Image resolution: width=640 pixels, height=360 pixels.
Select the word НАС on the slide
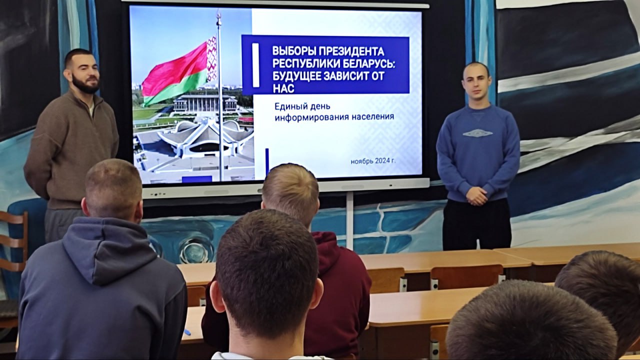283,88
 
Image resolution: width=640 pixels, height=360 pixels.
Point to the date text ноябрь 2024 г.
373,161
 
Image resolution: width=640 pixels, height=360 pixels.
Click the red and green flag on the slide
179,72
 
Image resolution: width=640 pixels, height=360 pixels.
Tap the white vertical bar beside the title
255,65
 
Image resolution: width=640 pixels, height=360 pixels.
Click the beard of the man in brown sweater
85,84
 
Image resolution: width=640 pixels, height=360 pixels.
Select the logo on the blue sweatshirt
477,133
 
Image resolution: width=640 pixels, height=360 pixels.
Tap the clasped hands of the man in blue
476,196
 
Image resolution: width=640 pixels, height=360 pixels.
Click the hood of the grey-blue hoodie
110,248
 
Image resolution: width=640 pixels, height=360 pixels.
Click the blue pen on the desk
187,332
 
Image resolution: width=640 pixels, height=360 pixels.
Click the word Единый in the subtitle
289,107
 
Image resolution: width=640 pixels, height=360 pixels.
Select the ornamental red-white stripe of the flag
211,59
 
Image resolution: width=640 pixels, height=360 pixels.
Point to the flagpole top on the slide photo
219,15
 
